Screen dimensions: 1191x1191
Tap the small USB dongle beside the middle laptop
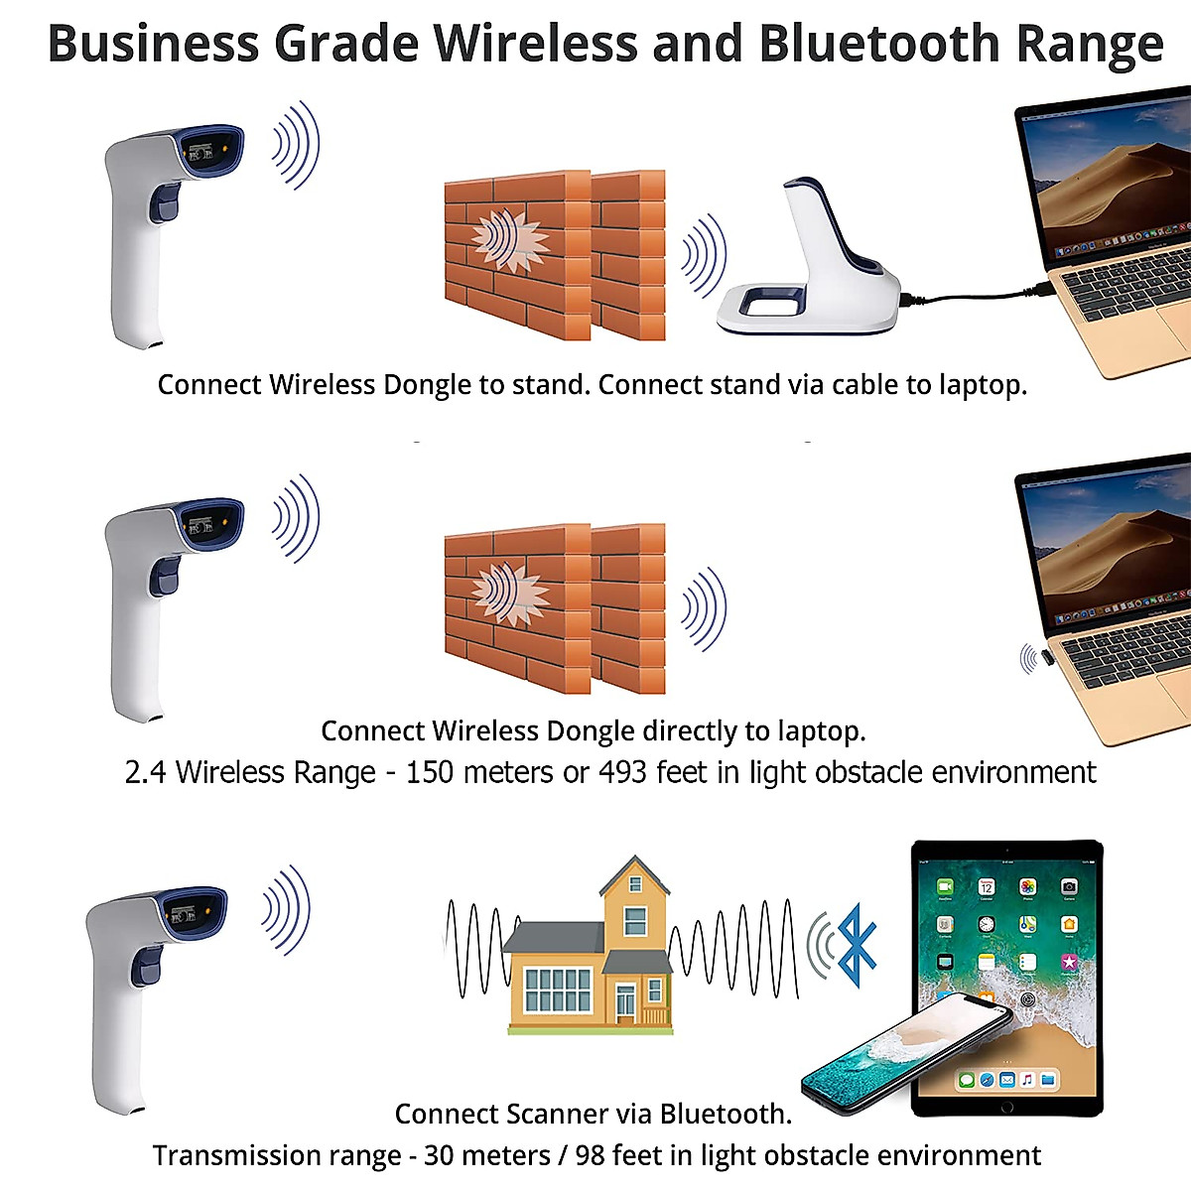pyautogui.click(x=1035, y=658)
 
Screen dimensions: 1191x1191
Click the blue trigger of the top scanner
pyautogui.click(x=163, y=204)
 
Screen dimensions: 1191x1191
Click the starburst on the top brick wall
pyautogui.click(x=509, y=241)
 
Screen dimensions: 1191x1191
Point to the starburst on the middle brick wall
pyautogui.click(x=509, y=594)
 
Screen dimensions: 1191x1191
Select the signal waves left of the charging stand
pyautogui.click(x=704, y=255)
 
